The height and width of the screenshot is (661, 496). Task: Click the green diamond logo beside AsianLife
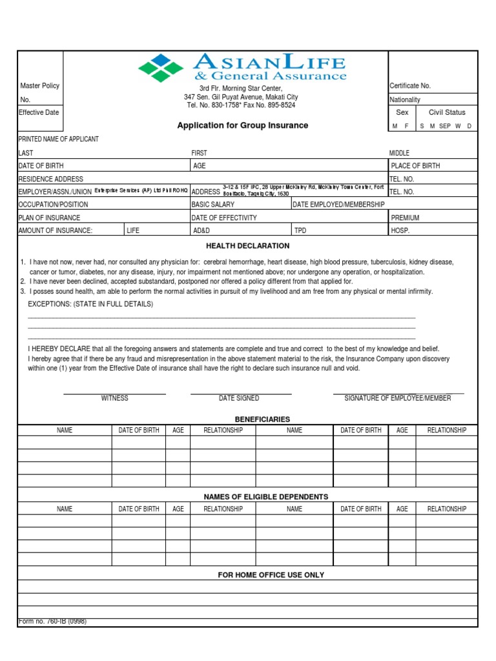pos(161,68)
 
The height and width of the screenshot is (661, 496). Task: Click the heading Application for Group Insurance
pos(243,125)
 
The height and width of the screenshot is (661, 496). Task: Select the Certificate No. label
pos(410,86)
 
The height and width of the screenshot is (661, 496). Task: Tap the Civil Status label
pos(447,112)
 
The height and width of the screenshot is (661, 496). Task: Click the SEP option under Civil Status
pos(445,127)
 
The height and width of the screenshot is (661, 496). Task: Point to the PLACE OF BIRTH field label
pos(415,166)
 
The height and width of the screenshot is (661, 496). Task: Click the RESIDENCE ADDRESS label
pos(50,179)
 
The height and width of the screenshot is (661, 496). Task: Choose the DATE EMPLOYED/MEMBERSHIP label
pos(339,205)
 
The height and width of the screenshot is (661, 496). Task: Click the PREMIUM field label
pos(405,218)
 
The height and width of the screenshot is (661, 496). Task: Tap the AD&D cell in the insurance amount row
pos(201,230)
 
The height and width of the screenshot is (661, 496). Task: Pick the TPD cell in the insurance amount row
pos(300,230)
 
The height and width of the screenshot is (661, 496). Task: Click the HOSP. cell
pos(400,230)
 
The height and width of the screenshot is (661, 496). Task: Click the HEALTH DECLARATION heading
pos(248,246)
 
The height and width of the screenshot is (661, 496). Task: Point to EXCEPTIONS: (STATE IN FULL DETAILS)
pos(90,304)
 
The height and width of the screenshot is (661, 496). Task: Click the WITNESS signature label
pos(114,398)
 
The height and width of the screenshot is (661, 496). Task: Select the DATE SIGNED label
pos(239,398)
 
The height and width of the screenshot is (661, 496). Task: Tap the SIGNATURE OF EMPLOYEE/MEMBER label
pos(398,398)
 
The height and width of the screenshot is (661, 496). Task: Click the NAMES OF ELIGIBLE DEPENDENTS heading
pos(266,496)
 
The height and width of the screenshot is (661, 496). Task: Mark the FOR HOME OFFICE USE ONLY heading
pos(271,575)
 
